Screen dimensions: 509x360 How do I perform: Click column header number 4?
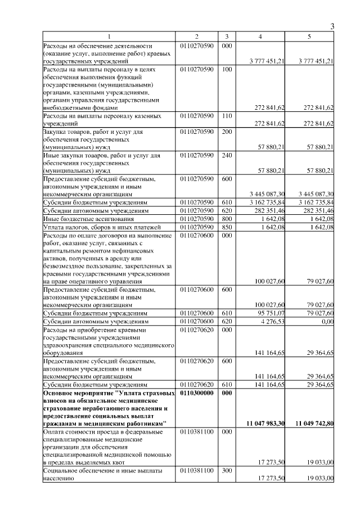[260, 36]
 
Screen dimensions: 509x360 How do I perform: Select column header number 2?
[197, 36]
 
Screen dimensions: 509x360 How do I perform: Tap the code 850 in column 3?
[227, 227]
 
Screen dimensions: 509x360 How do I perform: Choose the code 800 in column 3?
[227, 219]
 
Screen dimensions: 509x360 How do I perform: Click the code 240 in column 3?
[227, 155]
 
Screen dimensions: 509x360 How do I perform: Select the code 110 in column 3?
[227, 115]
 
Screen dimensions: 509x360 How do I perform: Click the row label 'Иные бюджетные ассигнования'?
[89, 219]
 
